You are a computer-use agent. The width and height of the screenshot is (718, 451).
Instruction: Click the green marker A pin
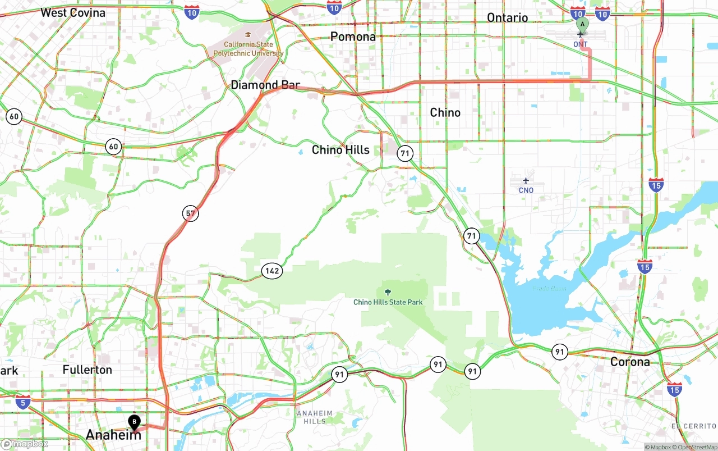[582, 25]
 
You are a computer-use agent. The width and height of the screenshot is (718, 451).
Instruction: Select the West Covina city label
[73, 12]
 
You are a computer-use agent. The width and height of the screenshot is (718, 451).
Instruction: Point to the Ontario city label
[507, 18]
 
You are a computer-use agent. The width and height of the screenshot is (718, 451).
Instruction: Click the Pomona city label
[353, 37]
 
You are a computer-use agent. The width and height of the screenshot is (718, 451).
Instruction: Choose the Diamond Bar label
[265, 85]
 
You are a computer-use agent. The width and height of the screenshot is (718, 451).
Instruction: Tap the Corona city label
[630, 362]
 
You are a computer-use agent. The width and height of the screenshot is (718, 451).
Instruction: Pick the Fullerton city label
[88, 370]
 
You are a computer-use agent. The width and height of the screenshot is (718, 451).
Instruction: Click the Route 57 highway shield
[191, 213]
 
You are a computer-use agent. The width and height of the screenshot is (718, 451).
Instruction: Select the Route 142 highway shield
[272, 271]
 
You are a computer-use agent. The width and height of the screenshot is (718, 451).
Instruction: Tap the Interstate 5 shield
[23, 402]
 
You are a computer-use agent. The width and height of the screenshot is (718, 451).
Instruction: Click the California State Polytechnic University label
[248, 49]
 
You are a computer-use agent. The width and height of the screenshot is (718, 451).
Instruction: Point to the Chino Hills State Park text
[388, 302]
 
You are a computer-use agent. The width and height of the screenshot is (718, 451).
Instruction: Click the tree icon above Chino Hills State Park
[388, 291]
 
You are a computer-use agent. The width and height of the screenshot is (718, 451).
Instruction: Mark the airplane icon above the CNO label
[526, 181]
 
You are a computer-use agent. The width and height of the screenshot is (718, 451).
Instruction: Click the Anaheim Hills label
[311, 417]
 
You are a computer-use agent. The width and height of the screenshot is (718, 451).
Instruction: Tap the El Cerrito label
[694, 426]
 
